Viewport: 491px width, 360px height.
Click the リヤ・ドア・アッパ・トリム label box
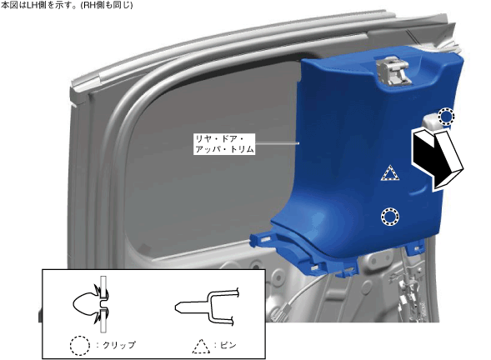pyautogui.click(x=224, y=144)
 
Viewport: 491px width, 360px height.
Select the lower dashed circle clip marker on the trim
pyautogui.click(x=390, y=217)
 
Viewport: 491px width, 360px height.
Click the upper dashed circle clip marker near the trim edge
pyautogui.click(x=446, y=116)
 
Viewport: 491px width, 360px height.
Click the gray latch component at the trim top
pyautogui.click(x=393, y=71)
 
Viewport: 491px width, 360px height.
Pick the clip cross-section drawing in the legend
pyautogui.click(x=91, y=305)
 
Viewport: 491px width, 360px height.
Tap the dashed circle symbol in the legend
pyautogui.click(x=80, y=346)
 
